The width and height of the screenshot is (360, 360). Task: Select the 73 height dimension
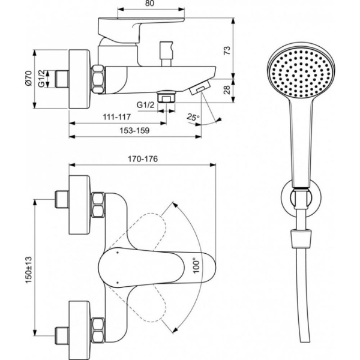pyautogui.click(x=227, y=51)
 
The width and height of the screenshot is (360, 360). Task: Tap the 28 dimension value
pyautogui.click(x=227, y=89)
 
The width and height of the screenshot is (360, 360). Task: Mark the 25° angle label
pyautogui.click(x=193, y=116)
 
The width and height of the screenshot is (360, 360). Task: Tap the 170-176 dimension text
pyautogui.click(x=142, y=159)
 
